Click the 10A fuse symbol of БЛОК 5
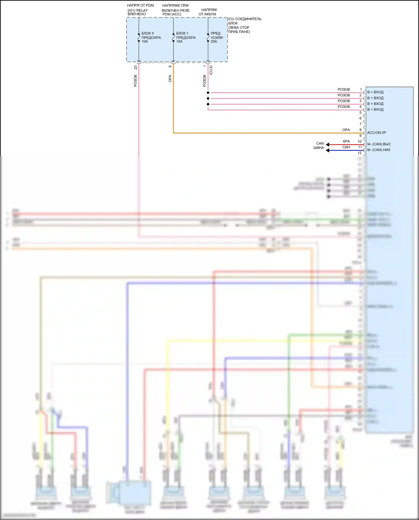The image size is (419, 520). point(139,38)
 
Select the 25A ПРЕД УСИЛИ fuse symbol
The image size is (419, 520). point(208,38)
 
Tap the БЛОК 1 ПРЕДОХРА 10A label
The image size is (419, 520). point(186,37)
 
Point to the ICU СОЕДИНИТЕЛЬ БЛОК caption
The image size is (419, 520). point(244,25)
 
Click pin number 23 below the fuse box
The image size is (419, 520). point(135,68)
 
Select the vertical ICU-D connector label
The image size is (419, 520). point(211,70)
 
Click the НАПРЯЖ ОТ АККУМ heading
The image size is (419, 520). point(208,12)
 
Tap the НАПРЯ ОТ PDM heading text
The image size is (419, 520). point(140,5)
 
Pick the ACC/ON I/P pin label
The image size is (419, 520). point(377,133)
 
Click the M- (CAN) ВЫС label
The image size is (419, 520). point(379,144)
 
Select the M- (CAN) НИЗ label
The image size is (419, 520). point(378,150)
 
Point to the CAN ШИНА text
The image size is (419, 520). point(319,146)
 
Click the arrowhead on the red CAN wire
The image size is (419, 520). point(328,144)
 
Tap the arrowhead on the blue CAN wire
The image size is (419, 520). point(328,150)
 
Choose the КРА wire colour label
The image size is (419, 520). point(346,141)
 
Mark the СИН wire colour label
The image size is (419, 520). point(346,147)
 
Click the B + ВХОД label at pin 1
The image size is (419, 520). point(375,92)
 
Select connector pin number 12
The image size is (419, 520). point(360,153)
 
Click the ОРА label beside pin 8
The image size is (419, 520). point(346,130)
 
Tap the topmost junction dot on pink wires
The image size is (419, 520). point(208,93)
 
